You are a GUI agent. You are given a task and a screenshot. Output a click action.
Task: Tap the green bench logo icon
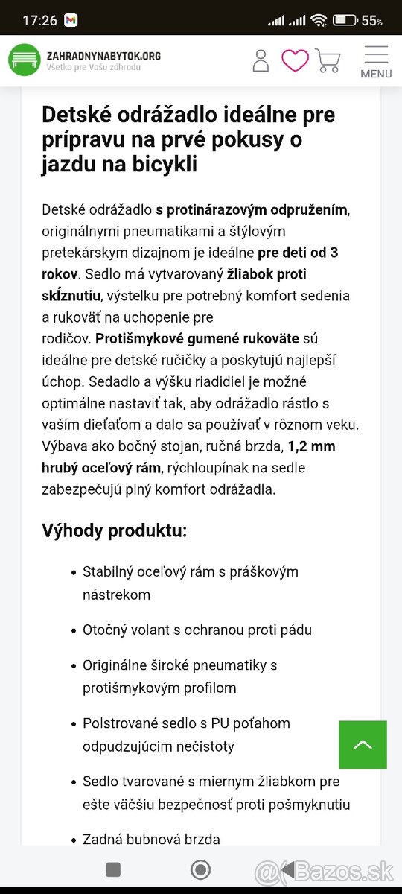[x=25, y=60]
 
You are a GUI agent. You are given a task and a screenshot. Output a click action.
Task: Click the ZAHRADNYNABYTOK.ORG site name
[x=103, y=55]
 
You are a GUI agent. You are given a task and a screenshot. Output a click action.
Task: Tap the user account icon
[x=261, y=60]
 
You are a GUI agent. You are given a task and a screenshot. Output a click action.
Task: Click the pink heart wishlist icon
[x=295, y=60]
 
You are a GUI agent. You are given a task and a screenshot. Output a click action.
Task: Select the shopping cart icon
[x=328, y=60]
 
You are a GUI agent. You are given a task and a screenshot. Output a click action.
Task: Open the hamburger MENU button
[x=376, y=62]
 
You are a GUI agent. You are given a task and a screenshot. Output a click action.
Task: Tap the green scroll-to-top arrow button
[x=363, y=744]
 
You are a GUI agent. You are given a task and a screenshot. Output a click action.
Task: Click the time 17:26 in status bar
[x=39, y=20]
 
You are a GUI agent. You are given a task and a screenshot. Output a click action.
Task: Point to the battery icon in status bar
[x=345, y=20]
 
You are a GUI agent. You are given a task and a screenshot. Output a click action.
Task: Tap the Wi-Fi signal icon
[x=319, y=20]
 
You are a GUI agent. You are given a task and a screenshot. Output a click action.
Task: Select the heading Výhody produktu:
[x=115, y=531]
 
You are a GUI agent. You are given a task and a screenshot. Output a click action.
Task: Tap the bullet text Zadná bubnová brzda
[x=151, y=839]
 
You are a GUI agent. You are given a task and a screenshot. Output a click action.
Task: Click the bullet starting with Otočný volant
[x=197, y=630]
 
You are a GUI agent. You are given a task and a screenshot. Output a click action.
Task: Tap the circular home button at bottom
[x=200, y=869]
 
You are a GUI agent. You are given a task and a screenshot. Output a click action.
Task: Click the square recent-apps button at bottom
[x=113, y=869]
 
